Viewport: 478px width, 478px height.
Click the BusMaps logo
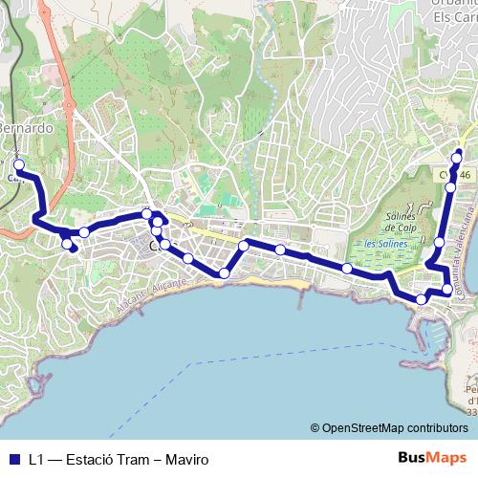click(x=432, y=459)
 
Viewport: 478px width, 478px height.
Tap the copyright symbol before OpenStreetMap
click(x=315, y=429)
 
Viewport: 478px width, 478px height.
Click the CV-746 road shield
click(x=457, y=176)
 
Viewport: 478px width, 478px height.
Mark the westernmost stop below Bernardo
click(x=19, y=164)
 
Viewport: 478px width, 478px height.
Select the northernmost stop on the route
click(x=458, y=156)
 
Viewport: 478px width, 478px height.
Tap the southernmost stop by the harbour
click(x=422, y=300)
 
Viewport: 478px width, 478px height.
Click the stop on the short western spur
click(x=68, y=245)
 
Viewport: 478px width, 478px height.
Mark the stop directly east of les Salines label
click(x=439, y=241)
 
